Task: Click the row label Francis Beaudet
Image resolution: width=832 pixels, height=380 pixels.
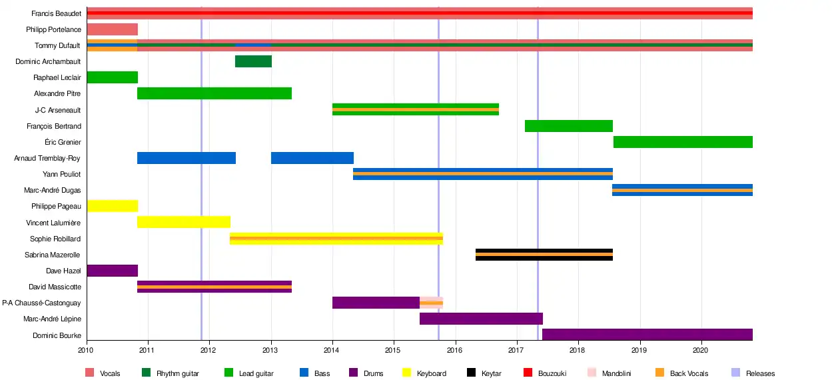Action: point(56,13)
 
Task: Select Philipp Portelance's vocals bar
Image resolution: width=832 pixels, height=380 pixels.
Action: point(112,29)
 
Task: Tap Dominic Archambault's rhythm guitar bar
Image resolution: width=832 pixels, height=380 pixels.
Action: point(253,61)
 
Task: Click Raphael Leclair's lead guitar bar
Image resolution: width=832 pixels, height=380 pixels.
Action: point(112,77)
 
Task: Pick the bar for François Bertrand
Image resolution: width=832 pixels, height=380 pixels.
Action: point(568,126)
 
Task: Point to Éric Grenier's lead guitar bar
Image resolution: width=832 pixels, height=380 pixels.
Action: point(682,142)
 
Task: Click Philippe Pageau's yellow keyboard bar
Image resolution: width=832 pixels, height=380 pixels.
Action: point(112,206)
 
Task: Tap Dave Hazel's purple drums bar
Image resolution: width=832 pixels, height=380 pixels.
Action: point(112,271)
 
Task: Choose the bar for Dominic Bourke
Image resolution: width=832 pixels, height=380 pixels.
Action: point(647,335)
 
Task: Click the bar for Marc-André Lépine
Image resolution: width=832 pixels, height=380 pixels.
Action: point(481,319)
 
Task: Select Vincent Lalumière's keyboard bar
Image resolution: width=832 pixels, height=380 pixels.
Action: point(184,222)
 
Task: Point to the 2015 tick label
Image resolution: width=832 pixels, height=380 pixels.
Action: point(393,349)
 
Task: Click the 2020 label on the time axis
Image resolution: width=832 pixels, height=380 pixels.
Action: point(701,349)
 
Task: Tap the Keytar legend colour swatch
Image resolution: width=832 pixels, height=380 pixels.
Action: point(472,373)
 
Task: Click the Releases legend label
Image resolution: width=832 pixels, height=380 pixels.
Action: point(760,374)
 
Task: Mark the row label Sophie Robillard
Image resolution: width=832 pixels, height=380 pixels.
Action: point(55,239)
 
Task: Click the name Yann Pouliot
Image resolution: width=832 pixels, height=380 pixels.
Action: point(62,174)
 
